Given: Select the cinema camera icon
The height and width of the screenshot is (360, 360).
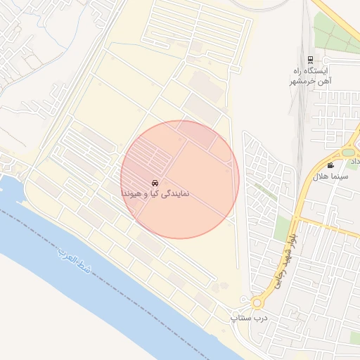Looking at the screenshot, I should click(330, 165).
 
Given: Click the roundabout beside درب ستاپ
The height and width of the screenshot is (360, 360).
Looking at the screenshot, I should click(257, 303).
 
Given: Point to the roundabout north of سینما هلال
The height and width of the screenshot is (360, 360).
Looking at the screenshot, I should click(349, 152).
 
